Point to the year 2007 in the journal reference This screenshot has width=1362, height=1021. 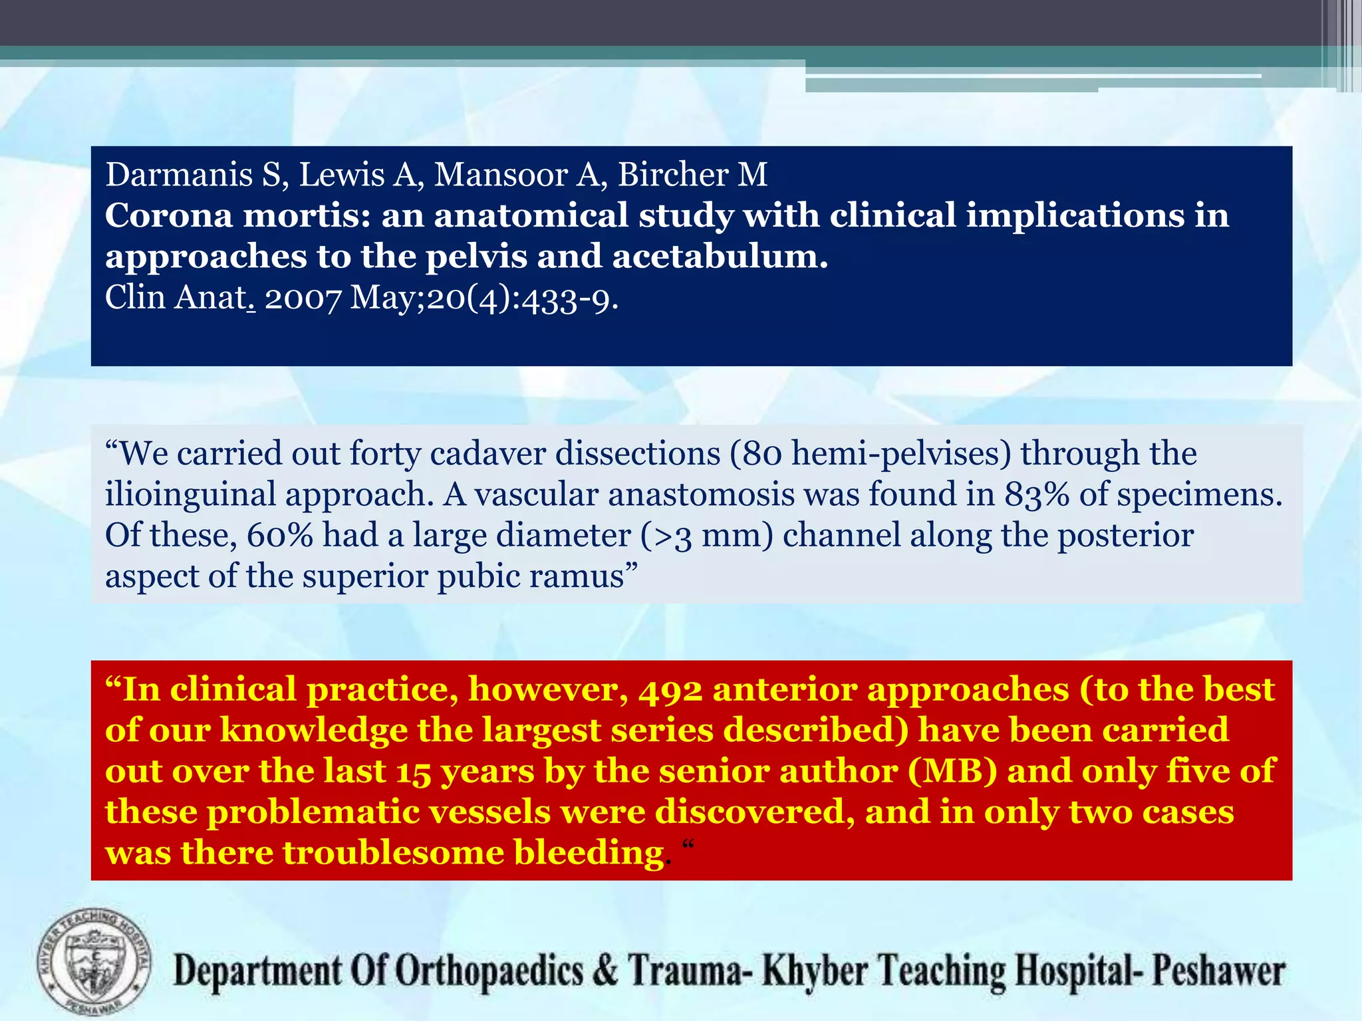[303, 298]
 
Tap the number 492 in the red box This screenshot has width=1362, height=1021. [670, 689]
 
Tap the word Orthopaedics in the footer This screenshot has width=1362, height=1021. [489, 971]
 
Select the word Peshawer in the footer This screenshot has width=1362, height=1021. [1218, 971]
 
